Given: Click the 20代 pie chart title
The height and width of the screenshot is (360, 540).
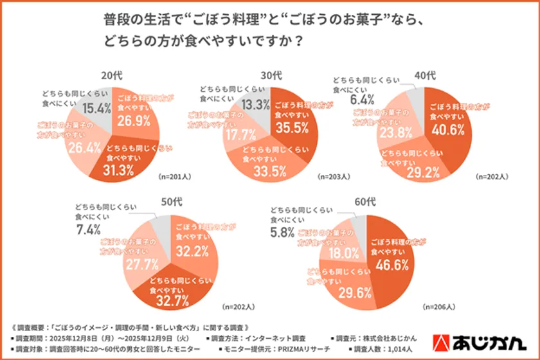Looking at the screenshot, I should (x=111, y=75).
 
